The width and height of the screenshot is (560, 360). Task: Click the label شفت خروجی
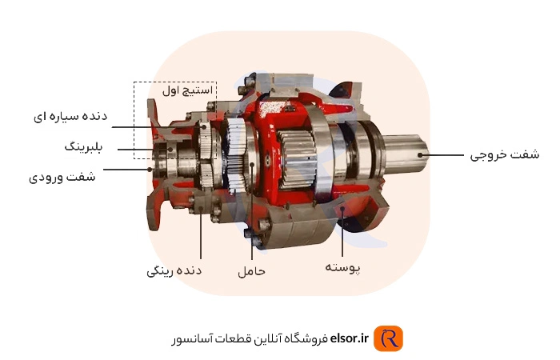point(504,154)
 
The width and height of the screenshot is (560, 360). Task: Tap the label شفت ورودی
point(62,177)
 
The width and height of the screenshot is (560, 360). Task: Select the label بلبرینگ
point(83,146)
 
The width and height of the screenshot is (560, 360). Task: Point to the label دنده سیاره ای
point(70,117)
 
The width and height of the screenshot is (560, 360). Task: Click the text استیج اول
point(187,90)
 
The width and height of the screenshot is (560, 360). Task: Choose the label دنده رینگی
point(174,270)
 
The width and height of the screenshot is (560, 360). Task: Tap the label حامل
point(252,270)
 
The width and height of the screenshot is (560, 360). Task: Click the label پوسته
point(342,267)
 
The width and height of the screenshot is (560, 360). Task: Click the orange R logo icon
point(388,338)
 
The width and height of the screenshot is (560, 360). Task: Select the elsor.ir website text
point(349,338)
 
